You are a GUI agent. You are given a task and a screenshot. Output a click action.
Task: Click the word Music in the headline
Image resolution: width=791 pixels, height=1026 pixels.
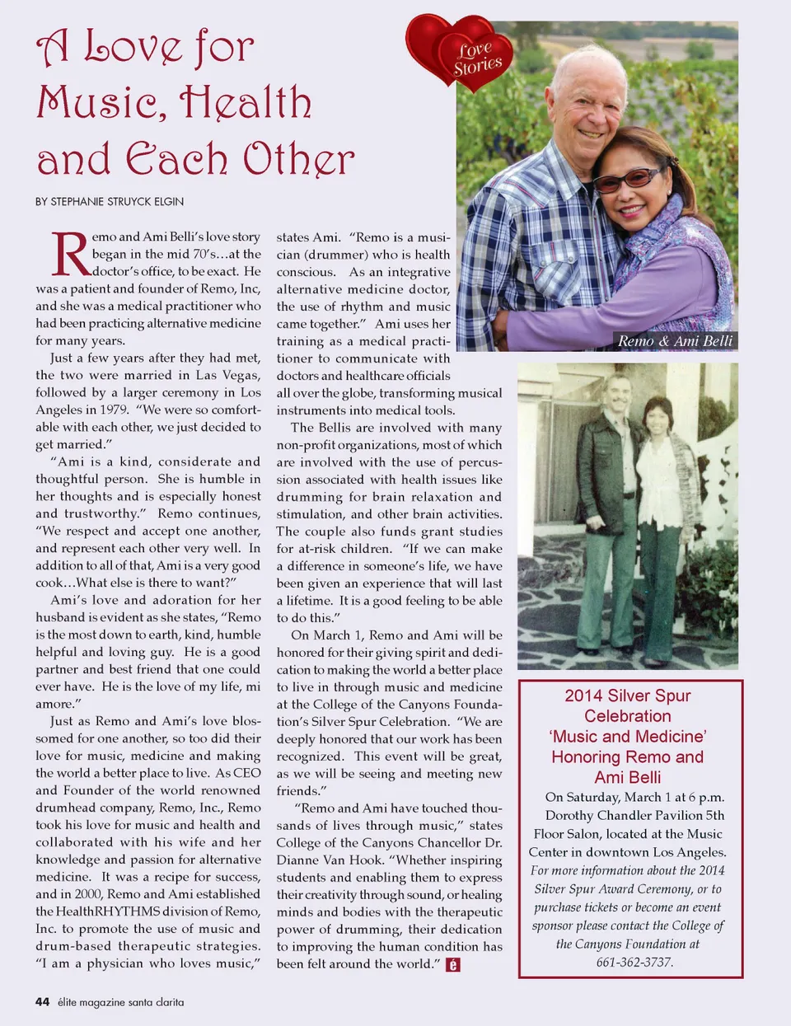click(98, 103)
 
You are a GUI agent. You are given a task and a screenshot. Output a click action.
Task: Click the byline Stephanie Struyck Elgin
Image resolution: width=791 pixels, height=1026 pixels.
click(110, 201)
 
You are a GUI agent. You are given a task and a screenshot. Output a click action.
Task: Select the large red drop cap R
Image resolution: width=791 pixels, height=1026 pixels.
click(69, 254)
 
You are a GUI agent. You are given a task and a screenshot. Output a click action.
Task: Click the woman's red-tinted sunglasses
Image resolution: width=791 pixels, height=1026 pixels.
click(628, 179)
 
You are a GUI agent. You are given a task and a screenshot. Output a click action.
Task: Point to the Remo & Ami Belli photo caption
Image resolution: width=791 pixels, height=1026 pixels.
click(675, 341)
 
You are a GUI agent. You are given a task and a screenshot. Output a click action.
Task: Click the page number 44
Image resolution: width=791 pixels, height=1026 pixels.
click(43, 1002)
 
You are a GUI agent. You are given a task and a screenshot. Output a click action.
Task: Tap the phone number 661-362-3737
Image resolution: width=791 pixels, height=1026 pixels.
click(634, 962)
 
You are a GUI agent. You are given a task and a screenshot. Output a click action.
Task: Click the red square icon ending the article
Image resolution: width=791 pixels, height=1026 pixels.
click(452, 964)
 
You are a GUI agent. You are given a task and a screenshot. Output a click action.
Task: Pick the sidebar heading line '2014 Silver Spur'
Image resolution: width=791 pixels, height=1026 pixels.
click(628, 696)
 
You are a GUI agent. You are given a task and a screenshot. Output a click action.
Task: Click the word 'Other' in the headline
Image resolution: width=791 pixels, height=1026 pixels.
click(298, 159)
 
